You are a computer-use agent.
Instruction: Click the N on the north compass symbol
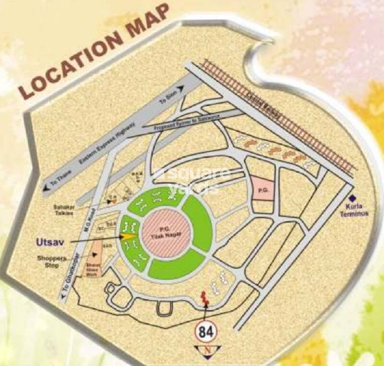tap(207, 351)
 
